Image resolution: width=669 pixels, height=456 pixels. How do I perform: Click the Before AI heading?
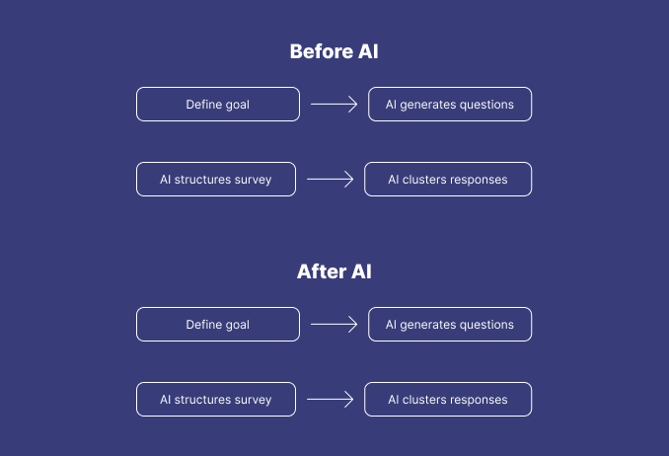pyautogui.click(x=334, y=52)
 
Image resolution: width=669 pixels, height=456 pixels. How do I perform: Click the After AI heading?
pyautogui.click(x=334, y=271)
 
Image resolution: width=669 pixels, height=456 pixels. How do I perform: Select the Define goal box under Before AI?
pyautogui.click(x=217, y=104)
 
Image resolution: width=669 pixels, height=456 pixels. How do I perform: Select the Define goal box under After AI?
pyautogui.click(x=217, y=324)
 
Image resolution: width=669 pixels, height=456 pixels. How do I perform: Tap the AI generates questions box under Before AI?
pyautogui.click(x=450, y=104)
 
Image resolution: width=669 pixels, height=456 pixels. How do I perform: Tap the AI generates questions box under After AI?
pyautogui.click(x=450, y=324)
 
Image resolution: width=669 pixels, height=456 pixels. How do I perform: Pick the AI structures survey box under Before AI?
pyautogui.click(x=215, y=179)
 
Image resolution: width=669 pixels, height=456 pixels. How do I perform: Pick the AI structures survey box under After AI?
pyautogui.click(x=215, y=399)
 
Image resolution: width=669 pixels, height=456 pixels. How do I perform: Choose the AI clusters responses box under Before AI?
pyautogui.click(x=448, y=179)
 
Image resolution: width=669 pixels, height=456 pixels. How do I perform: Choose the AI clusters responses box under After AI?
pyautogui.click(x=448, y=399)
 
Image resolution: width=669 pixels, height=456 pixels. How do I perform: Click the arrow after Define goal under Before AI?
pyautogui.click(x=334, y=104)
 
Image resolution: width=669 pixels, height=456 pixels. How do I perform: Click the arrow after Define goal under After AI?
pyautogui.click(x=334, y=324)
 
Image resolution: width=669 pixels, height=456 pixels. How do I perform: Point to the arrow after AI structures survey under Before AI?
pyautogui.click(x=330, y=179)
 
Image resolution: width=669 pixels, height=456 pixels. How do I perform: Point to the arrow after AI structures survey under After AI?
pyautogui.click(x=330, y=399)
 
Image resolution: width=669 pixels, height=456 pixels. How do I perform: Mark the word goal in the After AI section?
pyautogui.click(x=237, y=325)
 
